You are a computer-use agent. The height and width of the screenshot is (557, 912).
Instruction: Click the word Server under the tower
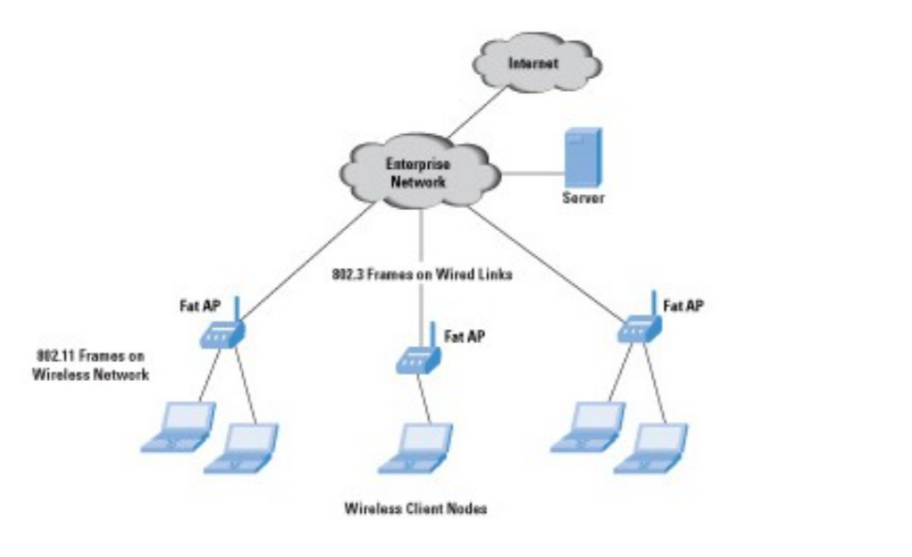583,200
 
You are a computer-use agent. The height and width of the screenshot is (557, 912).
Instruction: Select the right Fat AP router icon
640,326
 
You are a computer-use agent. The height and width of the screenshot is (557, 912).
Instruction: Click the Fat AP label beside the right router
684,306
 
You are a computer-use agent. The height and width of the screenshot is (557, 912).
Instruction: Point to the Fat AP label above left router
200,305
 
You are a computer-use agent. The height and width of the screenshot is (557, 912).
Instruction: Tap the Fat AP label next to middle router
464,335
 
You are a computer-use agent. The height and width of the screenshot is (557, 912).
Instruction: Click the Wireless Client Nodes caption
416,509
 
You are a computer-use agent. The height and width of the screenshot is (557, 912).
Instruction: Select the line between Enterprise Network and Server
532,173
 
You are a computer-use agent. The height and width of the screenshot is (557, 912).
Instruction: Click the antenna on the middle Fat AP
433,335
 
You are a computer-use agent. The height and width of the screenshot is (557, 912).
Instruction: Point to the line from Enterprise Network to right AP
554,263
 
